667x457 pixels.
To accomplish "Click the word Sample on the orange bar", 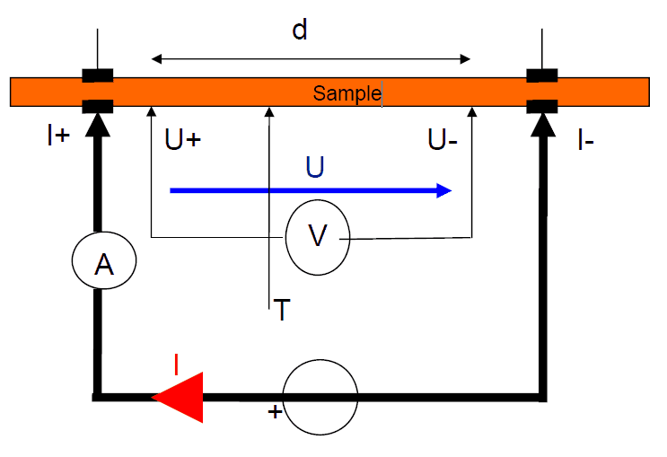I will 347,93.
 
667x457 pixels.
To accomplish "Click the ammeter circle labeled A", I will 104,262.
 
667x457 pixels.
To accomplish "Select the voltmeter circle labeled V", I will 318,236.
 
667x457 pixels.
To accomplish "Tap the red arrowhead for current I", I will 179,397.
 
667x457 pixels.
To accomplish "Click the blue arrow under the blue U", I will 310,190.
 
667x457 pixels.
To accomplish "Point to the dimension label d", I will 300,31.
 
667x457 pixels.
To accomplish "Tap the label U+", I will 183,141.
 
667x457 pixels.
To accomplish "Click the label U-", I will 446,141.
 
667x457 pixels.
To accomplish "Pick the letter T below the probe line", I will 282,311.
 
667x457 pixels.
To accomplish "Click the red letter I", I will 176,364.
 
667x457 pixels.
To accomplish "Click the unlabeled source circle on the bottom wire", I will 320,395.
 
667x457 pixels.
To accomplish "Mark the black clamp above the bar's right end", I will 542,75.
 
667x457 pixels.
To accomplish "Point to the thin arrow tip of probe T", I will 268,111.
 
